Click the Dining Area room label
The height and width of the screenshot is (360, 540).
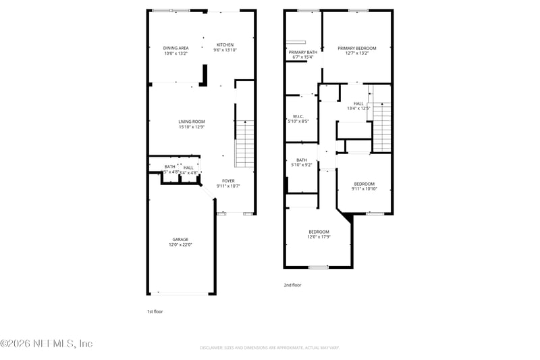coord(175,48)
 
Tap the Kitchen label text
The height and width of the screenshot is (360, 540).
coord(225,45)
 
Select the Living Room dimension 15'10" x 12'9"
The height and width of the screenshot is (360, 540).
coord(192,127)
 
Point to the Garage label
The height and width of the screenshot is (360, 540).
coord(180,239)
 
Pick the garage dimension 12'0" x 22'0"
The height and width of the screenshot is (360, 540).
coord(180,245)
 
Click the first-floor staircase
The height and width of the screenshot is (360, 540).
coord(244,143)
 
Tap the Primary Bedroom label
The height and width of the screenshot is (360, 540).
coord(357,48)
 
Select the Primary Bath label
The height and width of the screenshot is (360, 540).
coord(302,52)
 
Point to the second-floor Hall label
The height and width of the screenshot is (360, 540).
coord(358,103)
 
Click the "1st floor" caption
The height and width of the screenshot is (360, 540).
coord(155,311)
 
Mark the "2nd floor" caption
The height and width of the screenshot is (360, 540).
coord(292,285)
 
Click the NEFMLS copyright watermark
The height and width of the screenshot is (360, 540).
coord(47,344)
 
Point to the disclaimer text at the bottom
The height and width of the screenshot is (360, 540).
coord(269,348)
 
